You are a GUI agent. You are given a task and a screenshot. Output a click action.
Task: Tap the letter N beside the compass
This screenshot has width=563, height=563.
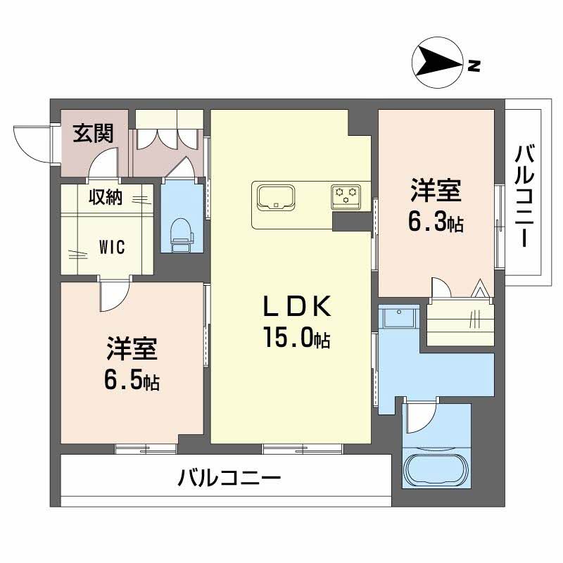click(474, 66)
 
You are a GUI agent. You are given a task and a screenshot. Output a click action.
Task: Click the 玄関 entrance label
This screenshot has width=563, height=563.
click(94, 133)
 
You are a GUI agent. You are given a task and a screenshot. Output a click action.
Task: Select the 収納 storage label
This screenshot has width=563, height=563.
click(106, 198)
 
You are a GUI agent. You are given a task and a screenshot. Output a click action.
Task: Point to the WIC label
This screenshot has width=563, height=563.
click(112, 247)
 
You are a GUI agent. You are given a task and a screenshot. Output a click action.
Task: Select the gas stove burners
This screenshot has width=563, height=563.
click(346, 196)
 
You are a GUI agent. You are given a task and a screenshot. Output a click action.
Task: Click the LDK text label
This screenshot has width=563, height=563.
click(296, 308)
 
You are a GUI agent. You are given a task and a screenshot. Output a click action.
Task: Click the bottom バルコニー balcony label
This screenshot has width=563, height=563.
click(229, 481)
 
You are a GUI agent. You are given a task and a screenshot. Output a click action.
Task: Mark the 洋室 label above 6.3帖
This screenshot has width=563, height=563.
click(436, 191)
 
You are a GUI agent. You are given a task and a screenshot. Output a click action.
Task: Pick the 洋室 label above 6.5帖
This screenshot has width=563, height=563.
click(132, 349)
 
